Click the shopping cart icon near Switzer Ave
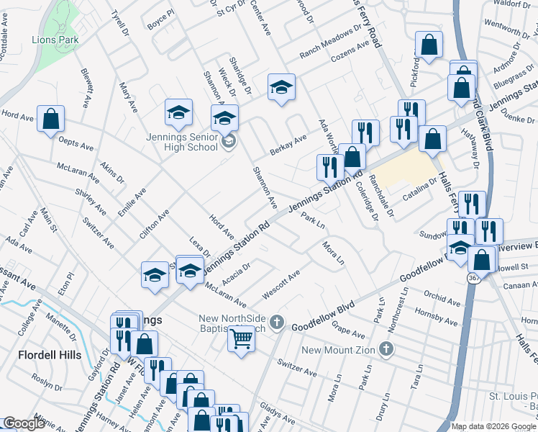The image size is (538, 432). pos(242,338)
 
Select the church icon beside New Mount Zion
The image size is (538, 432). pos(387,350)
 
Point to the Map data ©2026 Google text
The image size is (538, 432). pos(493,426)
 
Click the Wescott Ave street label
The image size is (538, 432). pos(281,284)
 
